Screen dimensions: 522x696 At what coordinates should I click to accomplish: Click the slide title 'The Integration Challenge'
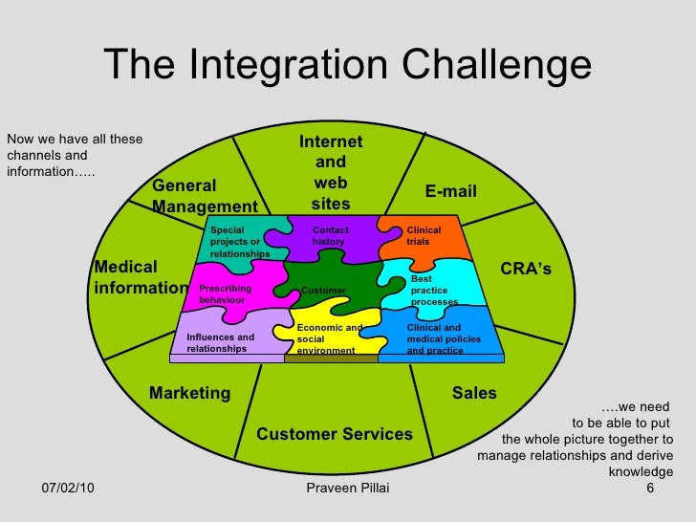[x=347, y=65]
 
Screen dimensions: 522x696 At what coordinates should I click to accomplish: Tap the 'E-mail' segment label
[x=450, y=192]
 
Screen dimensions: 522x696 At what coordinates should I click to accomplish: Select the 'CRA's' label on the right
[x=526, y=270]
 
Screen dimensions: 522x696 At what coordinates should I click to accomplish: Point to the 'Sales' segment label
[x=473, y=393]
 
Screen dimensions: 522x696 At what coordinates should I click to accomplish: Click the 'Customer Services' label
[x=335, y=434]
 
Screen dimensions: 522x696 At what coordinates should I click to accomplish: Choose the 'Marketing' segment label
[x=189, y=393]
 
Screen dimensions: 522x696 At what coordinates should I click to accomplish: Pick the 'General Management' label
[x=205, y=196]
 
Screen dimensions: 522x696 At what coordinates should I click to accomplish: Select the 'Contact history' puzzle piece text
[x=331, y=236]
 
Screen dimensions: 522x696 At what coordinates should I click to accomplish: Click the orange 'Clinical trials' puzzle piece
[x=424, y=236]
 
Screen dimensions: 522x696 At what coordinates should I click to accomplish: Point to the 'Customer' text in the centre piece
[x=323, y=290]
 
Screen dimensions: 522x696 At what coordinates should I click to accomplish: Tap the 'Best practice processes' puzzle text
[x=434, y=291]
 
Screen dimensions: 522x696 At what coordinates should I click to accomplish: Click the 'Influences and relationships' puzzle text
[x=220, y=343]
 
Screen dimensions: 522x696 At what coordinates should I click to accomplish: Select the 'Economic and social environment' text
[x=329, y=339]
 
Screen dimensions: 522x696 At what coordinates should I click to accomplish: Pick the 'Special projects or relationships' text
[x=239, y=242]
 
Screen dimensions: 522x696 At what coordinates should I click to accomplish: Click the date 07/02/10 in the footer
[x=67, y=489]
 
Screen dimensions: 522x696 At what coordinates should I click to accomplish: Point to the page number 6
[x=650, y=489]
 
